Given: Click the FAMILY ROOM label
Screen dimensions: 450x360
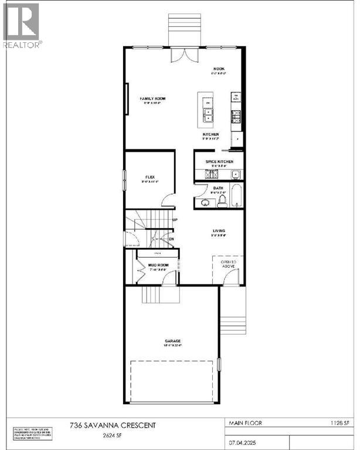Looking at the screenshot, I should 152,99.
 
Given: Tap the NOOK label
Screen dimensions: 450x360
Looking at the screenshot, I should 219,69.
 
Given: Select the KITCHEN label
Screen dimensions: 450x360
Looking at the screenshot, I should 210,134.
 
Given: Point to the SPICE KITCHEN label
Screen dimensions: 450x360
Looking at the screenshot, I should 219,161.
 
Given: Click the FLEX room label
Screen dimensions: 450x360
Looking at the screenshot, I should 150,176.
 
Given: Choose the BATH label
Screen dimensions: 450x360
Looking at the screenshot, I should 218,187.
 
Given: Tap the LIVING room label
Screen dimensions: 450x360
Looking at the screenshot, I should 219,230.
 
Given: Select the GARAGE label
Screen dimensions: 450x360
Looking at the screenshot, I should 172,340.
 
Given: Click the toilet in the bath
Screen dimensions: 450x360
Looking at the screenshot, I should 222,201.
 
